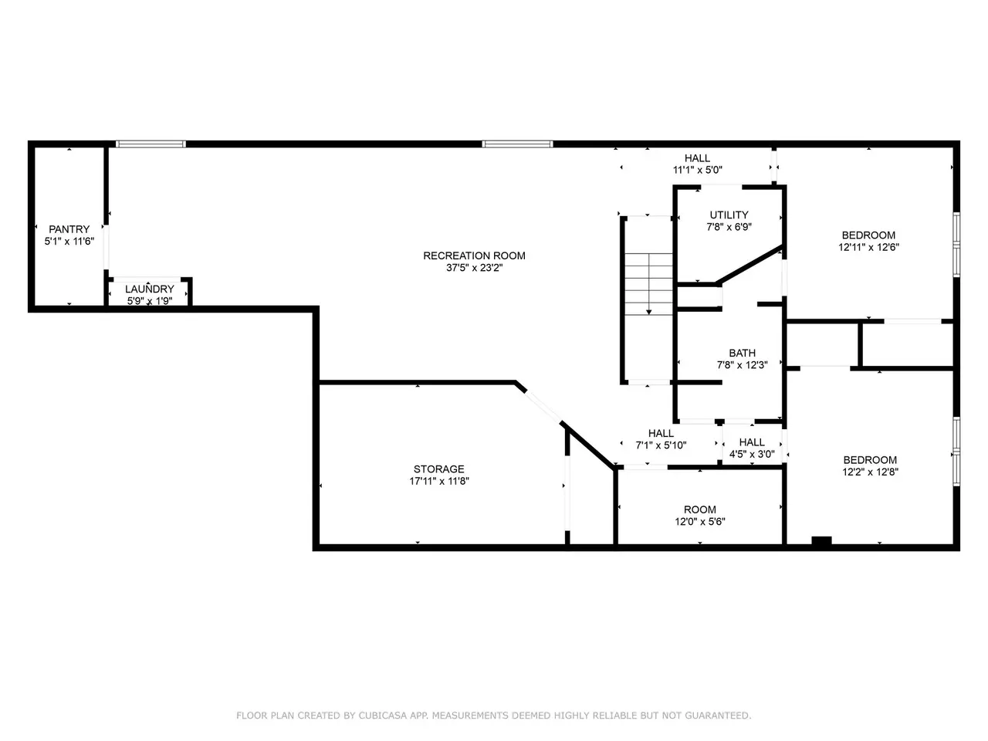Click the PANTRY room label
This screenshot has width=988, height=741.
click(69, 229)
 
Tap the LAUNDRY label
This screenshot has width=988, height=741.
click(150, 289)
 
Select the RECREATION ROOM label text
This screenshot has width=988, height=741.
click(474, 255)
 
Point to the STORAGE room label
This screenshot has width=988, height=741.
click(439, 469)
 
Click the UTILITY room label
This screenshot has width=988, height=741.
click(729, 215)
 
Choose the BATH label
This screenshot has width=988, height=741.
click(743, 353)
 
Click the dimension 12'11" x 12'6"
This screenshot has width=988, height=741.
click(868, 247)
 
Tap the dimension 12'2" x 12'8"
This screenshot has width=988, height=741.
click(870, 472)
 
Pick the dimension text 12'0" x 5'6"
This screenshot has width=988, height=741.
click(700, 522)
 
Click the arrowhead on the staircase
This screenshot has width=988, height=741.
click(648, 312)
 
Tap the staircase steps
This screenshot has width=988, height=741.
click(648, 284)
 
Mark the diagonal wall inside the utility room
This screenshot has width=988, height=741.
click(749, 264)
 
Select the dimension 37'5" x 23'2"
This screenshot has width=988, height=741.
click(474, 268)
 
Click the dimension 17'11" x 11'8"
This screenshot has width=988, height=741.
click(439, 481)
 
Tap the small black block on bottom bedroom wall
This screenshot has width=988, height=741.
click(821, 541)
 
